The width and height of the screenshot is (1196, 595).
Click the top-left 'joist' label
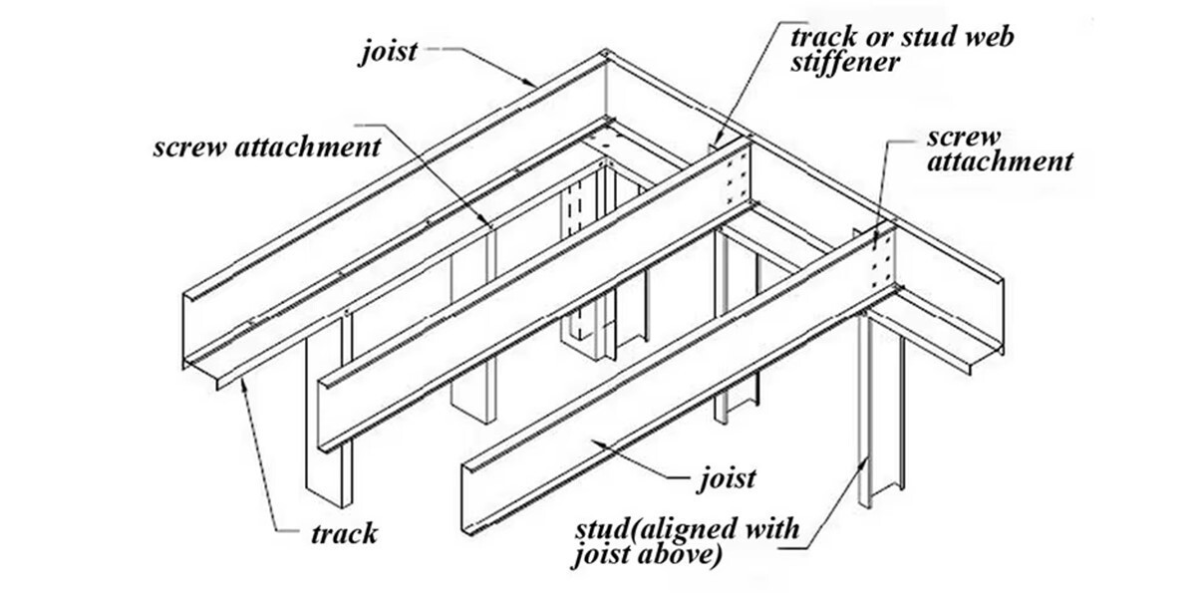[389, 50]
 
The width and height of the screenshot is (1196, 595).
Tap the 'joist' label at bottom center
[726, 477]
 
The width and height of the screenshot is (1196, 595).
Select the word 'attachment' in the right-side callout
[1001, 161]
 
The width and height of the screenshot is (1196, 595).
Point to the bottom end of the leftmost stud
[329, 498]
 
